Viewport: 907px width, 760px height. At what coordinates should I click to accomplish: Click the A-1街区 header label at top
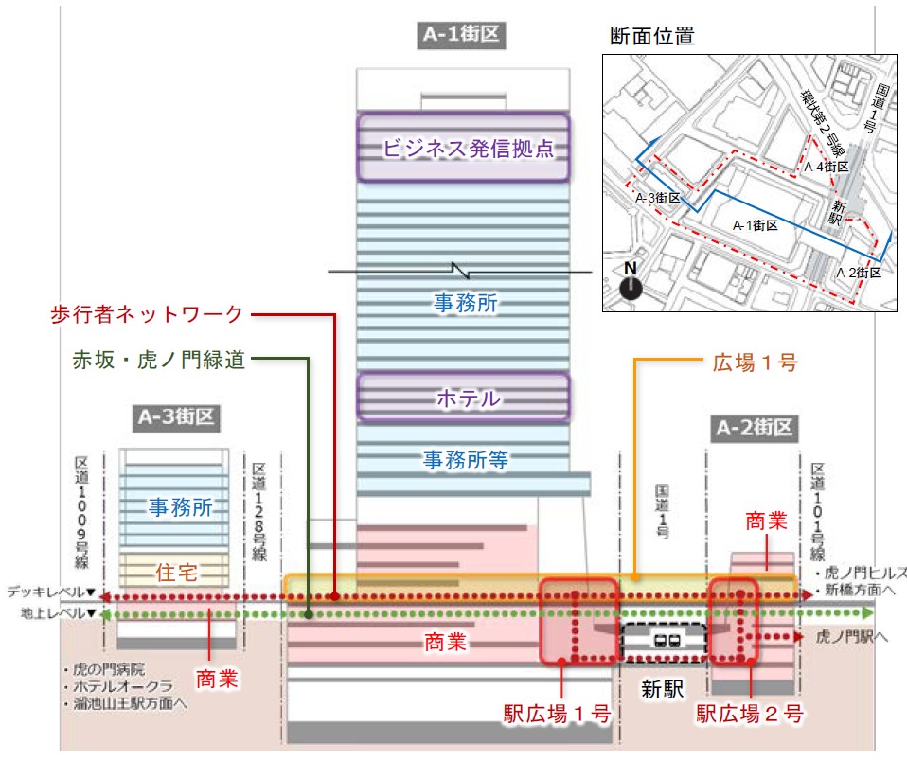tap(462, 36)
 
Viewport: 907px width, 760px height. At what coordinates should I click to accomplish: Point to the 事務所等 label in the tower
tap(465, 460)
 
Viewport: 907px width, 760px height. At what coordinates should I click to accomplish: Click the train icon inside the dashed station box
tap(664, 639)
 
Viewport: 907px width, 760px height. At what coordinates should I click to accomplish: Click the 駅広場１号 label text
tap(557, 713)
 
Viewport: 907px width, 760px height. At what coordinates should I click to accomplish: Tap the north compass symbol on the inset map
tap(629, 285)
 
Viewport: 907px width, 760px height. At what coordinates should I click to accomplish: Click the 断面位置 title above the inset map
tap(653, 37)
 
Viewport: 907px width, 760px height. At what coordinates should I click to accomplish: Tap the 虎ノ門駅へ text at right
tap(850, 638)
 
